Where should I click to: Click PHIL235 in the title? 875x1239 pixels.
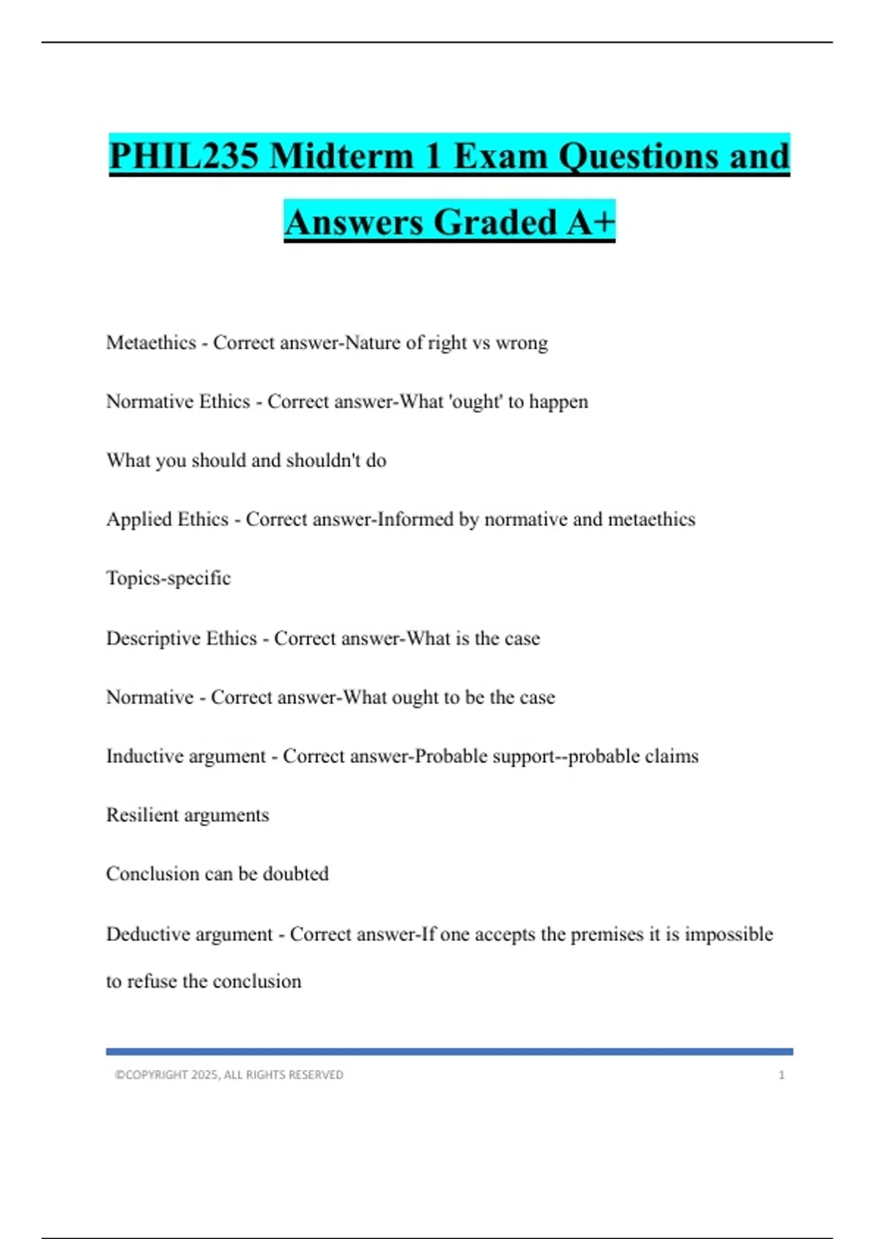click(x=184, y=156)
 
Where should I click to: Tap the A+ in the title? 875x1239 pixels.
click(x=591, y=222)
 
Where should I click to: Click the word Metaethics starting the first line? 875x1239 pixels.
click(x=151, y=343)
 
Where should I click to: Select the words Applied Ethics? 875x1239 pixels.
click(x=167, y=519)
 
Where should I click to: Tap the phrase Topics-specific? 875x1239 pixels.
click(x=168, y=578)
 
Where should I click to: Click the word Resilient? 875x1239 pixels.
click(x=141, y=815)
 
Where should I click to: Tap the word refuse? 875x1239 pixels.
click(x=152, y=981)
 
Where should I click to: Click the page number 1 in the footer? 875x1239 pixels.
click(x=782, y=1075)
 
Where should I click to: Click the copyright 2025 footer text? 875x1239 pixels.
click(x=229, y=1075)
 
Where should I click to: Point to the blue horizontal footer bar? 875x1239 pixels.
click(x=449, y=1052)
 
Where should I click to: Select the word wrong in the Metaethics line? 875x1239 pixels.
click(x=521, y=343)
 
